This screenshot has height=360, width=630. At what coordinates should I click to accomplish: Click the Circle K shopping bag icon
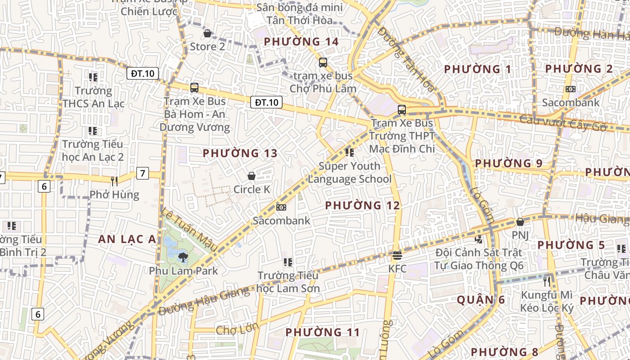(x=252, y=175)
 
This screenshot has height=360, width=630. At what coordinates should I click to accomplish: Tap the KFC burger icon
(x=397, y=256)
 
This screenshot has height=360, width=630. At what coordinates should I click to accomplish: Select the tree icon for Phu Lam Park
(x=183, y=257)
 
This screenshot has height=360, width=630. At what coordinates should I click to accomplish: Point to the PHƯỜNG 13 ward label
(x=240, y=153)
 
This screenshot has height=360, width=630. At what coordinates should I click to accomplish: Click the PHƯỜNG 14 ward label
(x=301, y=42)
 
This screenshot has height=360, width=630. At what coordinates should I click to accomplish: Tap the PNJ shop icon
(x=520, y=222)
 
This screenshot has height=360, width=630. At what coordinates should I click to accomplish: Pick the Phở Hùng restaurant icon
(x=114, y=181)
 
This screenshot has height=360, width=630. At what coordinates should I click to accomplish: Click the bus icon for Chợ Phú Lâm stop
(x=323, y=62)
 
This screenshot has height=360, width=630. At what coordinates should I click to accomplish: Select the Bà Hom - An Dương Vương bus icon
(x=194, y=88)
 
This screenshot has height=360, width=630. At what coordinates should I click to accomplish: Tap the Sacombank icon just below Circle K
(x=281, y=207)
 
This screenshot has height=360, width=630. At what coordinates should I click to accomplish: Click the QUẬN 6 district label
(x=481, y=300)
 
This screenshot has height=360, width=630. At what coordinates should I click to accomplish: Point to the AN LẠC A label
(x=127, y=239)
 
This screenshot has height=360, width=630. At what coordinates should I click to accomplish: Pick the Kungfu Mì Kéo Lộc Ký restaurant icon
(x=547, y=282)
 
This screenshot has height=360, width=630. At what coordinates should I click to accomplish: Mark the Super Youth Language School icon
(x=349, y=153)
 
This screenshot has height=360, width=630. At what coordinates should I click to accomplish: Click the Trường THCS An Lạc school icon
(x=93, y=77)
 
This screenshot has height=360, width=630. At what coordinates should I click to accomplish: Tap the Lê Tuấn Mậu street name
(x=189, y=229)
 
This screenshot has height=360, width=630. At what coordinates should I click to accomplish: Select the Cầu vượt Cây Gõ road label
(x=562, y=123)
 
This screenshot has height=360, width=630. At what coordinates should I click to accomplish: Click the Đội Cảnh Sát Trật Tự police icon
(x=478, y=239)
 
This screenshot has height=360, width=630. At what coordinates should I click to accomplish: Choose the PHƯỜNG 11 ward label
(x=323, y=333)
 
